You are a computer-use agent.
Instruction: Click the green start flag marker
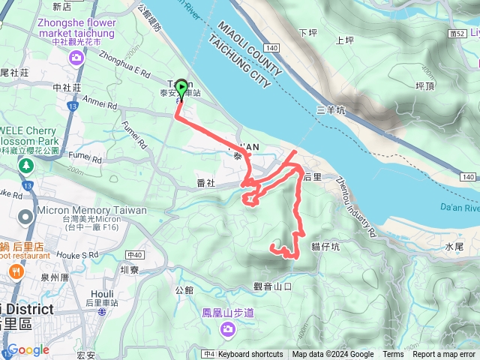tap(180, 90)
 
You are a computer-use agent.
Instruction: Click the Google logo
tap(28, 349)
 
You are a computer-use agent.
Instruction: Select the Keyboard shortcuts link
tap(250, 355)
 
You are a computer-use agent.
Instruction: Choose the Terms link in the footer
tap(393, 355)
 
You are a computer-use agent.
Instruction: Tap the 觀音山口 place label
tap(271, 286)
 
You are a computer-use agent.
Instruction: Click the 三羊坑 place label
tap(331, 110)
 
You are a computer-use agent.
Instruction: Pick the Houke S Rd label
tap(80, 255)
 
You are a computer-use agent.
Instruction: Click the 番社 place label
tap(205, 183)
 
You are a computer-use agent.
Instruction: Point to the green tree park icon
tap(26, 165)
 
